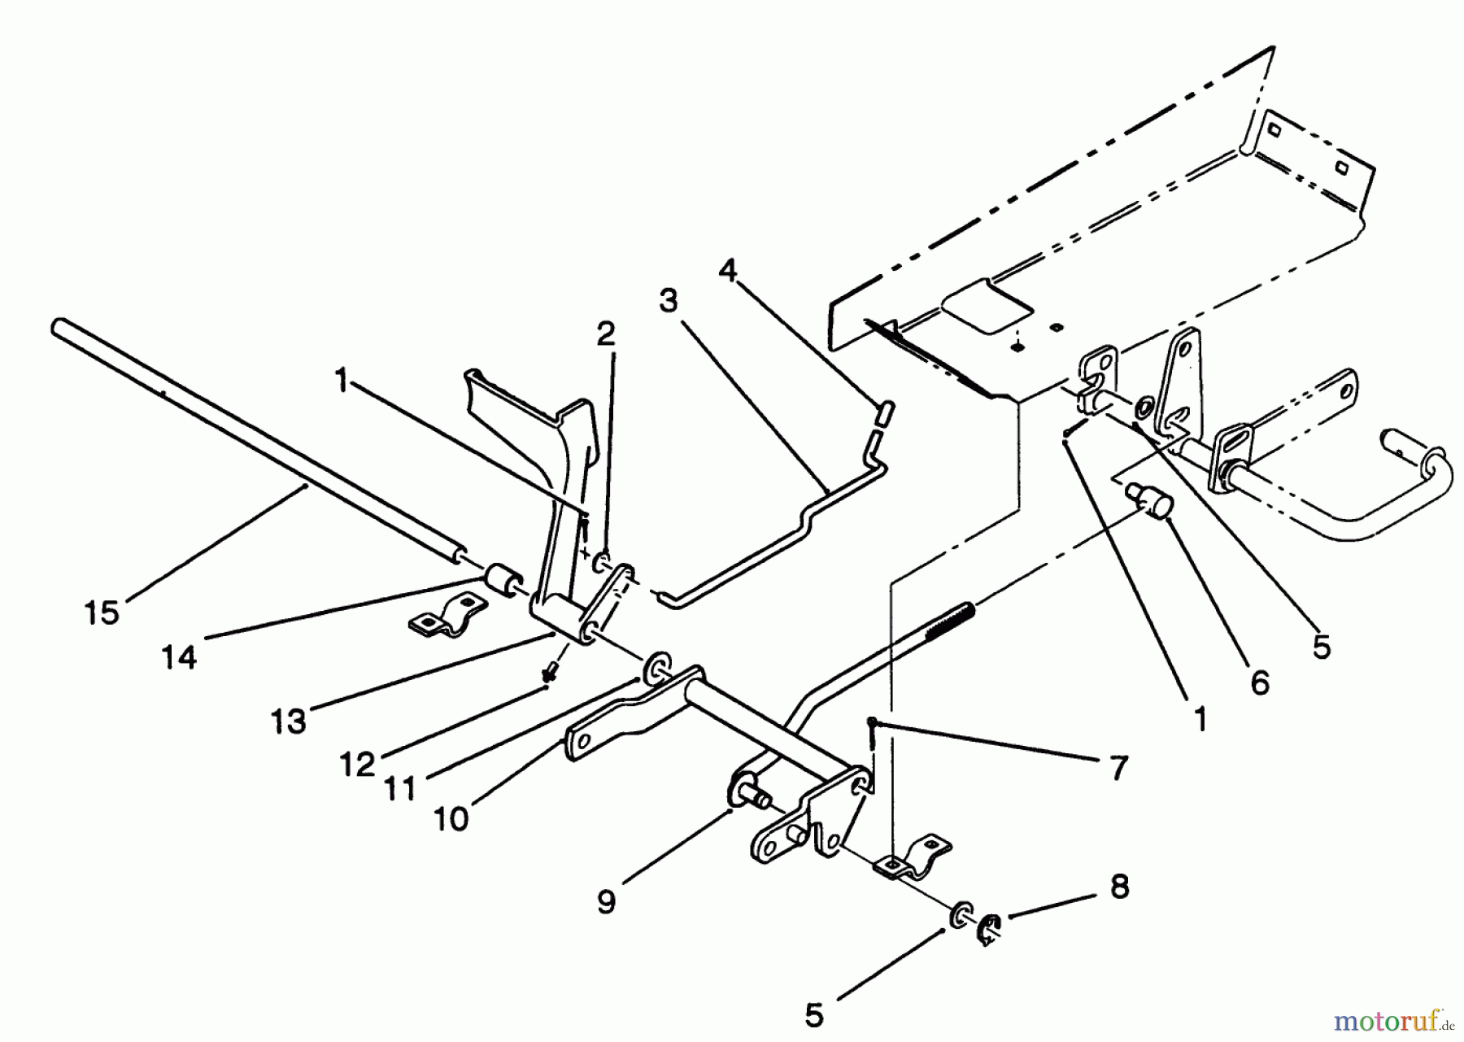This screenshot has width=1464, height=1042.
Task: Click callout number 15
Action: pos(102,613)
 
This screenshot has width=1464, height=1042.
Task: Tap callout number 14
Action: pos(179,656)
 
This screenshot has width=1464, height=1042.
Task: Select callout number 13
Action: pos(289,721)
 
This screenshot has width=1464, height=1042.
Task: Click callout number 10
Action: pos(452,818)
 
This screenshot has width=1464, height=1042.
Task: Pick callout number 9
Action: pos(606,901)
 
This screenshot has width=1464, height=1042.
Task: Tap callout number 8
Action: pos(1120,887)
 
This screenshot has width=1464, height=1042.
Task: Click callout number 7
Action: pos(1119,767)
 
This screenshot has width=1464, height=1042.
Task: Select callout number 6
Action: pos(1259,682)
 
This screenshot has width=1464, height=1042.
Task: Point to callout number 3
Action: pos(668,301)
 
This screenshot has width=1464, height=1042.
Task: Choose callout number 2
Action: pos(606,334)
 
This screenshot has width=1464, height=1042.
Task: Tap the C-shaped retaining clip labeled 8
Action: pos(991,927)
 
